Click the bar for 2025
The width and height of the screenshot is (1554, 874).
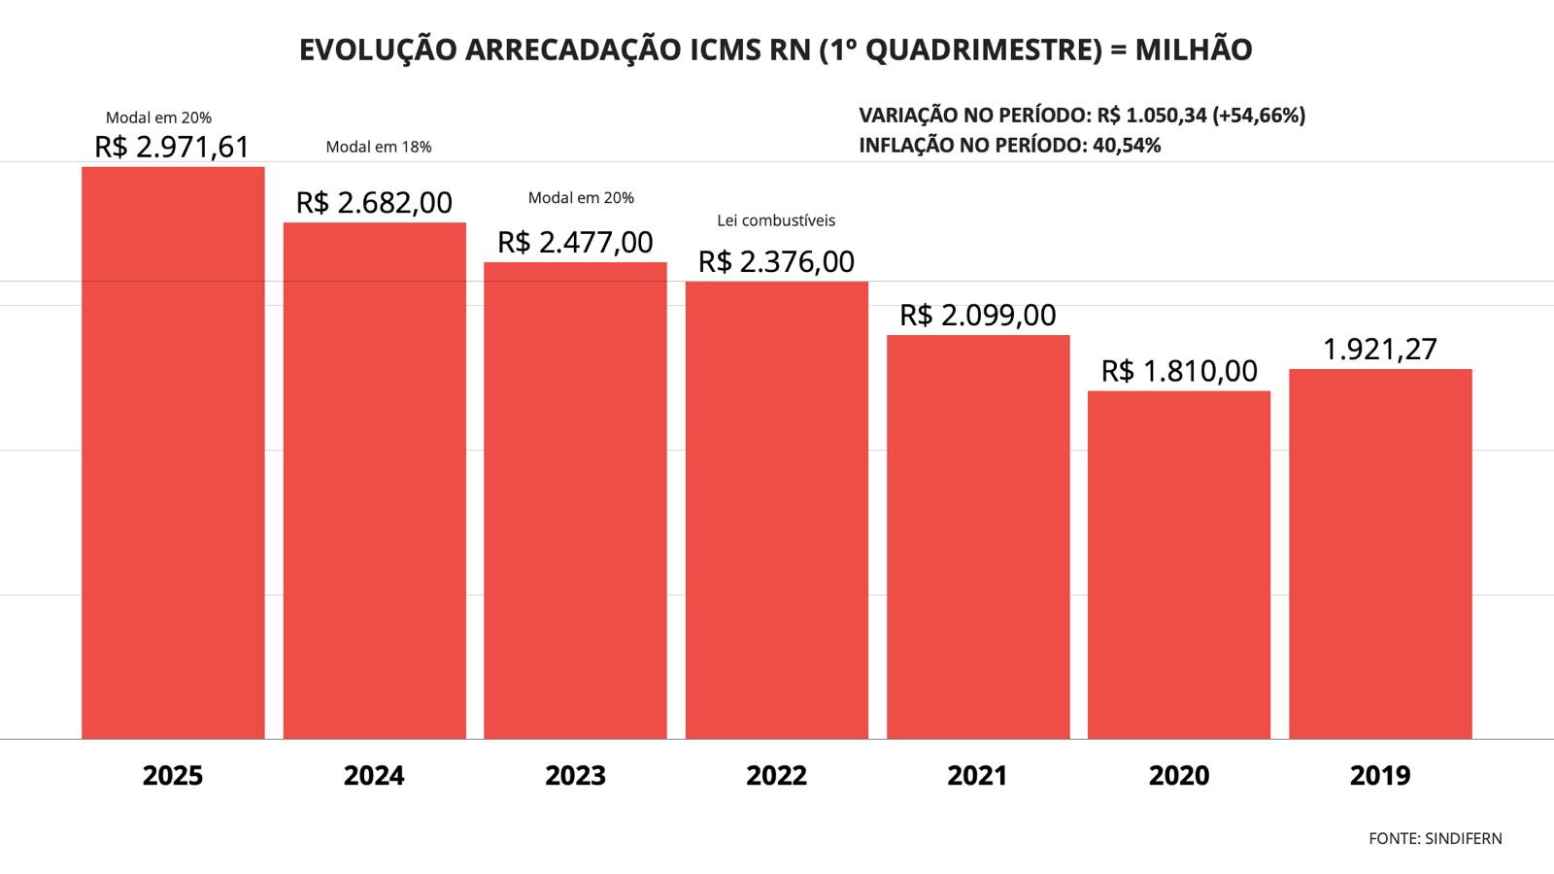click(x=173, y=453)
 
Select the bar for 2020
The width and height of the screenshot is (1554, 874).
click(x=1179, y=564)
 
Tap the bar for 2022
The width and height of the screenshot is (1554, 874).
click(x=777, y=510)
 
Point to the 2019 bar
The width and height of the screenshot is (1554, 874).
click(x=1380, y=554)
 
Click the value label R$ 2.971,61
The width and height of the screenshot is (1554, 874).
click(x=172, y=147)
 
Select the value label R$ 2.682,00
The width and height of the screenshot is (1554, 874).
click(x=374, y=202)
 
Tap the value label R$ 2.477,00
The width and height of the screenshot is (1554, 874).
click(x=575, y=242)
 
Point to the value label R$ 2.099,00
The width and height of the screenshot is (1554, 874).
click(x=977, y=315)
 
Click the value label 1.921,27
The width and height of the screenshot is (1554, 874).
click(x=1379, y=349)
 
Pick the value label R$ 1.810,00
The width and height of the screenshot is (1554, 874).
click(x=1178, y=371)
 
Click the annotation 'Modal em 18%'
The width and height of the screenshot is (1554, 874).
click(x=379, y=147)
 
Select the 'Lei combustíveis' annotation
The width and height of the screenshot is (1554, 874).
click(x=776, y=220)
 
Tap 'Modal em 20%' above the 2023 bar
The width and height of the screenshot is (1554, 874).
click(x=581, y=198)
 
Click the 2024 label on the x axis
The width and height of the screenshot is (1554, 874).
click(x=374, y=775)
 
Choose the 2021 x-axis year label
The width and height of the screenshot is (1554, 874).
click(x=977, y=775)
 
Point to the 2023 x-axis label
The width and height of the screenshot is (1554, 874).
click(x=575, y=775)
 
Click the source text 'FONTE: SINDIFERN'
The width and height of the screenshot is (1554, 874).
click(x=1435, y=838)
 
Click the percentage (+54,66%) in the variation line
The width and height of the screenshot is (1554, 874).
click(x=1259, y=116)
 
